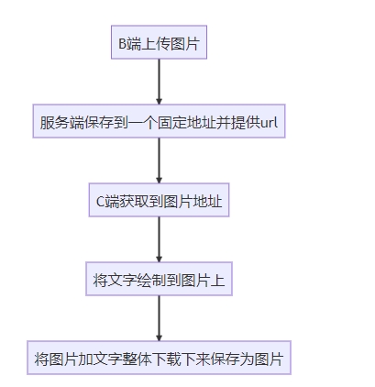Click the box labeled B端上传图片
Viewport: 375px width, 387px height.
(159, 42)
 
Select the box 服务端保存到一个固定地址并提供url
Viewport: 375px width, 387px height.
(159, 121)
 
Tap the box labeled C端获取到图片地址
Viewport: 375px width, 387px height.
(159, 200)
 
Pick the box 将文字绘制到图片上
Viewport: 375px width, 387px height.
(159, 279)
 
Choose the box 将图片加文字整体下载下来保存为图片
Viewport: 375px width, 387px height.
(159, 358)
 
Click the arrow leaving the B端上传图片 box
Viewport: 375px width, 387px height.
(159, 82)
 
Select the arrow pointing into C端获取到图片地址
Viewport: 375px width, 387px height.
(159, 160)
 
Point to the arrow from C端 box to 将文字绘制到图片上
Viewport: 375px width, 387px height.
(159, 239)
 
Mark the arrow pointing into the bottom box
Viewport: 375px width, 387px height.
(159, 318)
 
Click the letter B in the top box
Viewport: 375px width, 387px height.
(122, 44)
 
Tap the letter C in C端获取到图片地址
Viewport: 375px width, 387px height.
(101, 202)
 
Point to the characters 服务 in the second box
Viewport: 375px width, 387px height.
(54, 123)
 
